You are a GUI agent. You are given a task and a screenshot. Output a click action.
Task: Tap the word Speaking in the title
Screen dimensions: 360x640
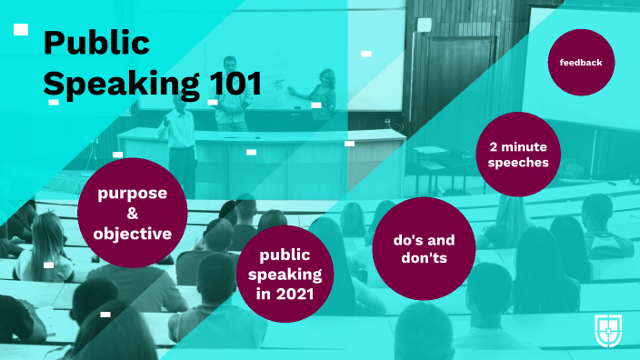point(121,83)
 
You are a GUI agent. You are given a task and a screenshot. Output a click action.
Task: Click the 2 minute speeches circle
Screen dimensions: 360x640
point(518,155)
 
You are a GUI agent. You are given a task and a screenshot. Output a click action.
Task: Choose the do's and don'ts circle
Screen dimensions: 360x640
point(424,248)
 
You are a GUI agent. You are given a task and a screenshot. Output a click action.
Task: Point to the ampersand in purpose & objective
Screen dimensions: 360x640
point(132,214)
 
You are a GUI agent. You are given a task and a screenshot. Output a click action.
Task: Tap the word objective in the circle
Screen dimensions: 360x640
point(132,235)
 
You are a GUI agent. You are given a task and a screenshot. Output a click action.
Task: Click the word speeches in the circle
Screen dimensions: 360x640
point(518,164)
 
